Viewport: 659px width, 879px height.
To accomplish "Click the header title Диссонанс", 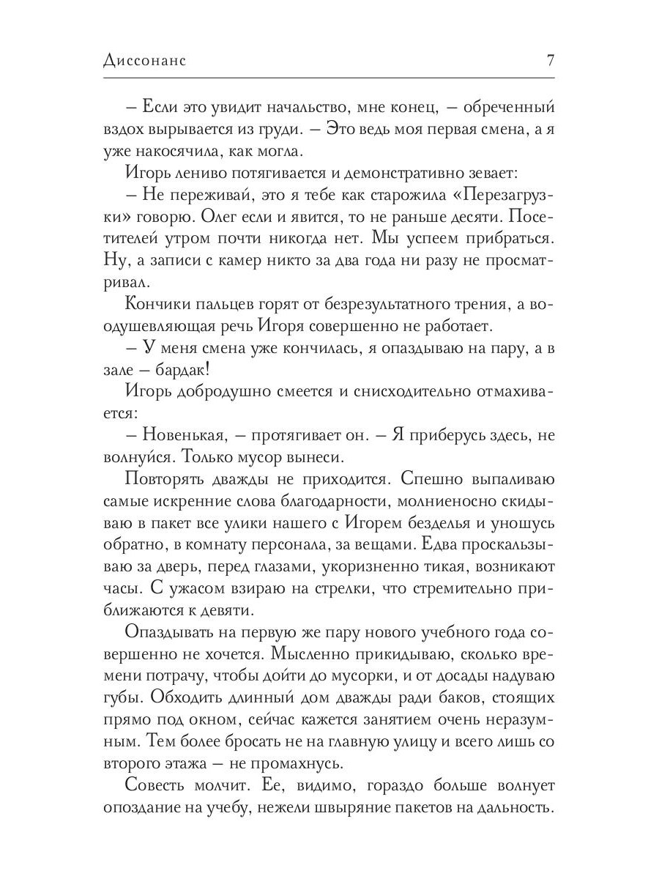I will coord(145,60).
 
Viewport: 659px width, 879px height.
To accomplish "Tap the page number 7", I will coord(550,60).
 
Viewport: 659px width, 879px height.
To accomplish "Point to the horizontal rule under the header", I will coord(329,78).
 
